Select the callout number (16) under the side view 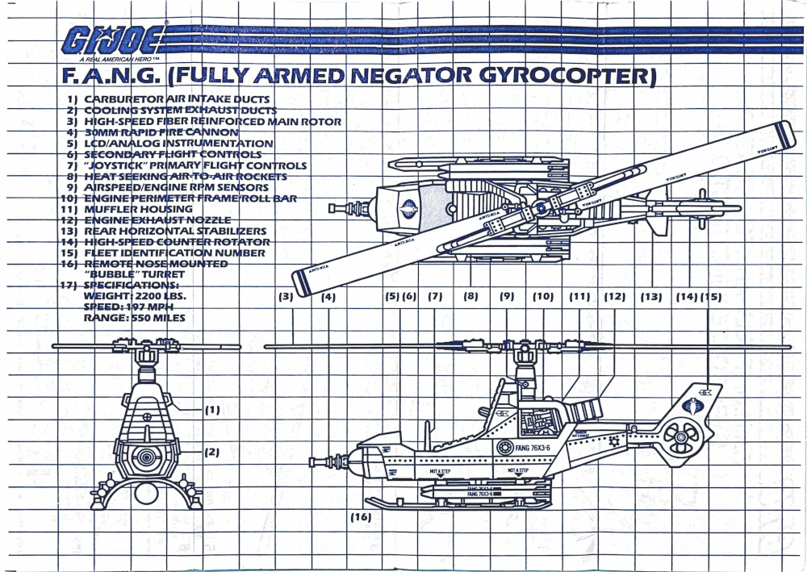(x=361, y=517)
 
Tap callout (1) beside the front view (x=211, y=409)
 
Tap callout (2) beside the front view (x=211, y=452)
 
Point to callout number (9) (x=507, y=296)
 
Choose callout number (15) (x=711, y=296)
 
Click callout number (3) (x=285, y=296)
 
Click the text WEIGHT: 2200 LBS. (x=135, y=296)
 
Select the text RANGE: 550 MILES (x=134, y=318)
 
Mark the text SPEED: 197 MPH (x=129, y=307)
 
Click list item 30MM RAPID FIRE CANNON (x=150, y=132)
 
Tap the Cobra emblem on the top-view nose (x=410, y=207)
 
